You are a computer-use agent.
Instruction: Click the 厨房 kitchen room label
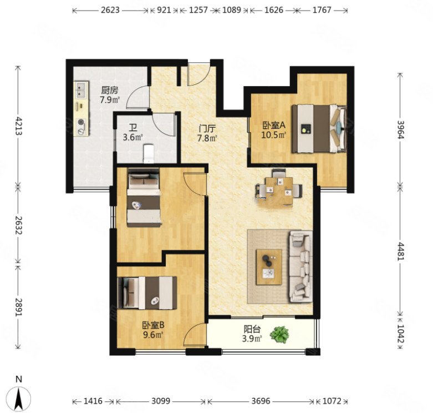click(110, 90)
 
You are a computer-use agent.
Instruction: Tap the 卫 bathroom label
click(133, 128)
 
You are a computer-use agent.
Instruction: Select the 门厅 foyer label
click(207, 129)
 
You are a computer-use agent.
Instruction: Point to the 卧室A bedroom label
click(274, 125)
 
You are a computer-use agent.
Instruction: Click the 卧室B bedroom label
click(153, 325)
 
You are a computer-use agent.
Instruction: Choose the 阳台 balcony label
click(252, 329)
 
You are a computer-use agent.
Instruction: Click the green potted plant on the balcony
click(279, 335)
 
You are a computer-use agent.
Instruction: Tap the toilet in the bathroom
click(149, 153)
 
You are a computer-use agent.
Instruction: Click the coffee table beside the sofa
click(269, 267)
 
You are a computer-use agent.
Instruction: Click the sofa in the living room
click(300, 267)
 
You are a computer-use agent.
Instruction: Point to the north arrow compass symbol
click(19, 399)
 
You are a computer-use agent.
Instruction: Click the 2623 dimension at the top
click(110, 10)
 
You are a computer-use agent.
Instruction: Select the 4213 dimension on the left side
click(18, 125)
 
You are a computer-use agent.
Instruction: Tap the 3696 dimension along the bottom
click(261, 401)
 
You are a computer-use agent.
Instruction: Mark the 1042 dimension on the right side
click(400, 334)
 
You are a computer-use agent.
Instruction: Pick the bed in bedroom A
click(319, 129)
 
